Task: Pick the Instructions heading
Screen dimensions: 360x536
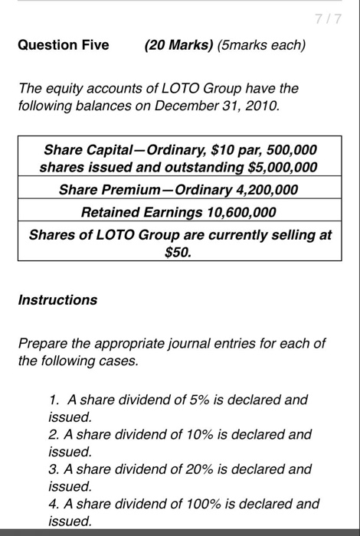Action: (x=57, y=299)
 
